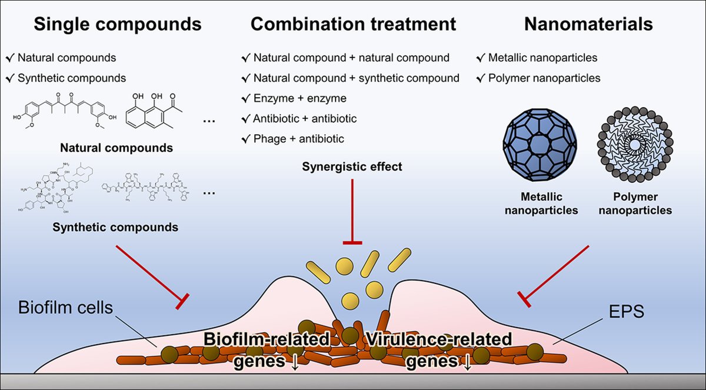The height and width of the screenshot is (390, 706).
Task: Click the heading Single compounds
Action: pyautogui.click(x=118, y=24)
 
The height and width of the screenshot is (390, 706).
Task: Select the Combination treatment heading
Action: pyautogui.click(x=353, y=24)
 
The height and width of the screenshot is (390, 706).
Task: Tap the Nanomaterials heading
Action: pyautogui.click(x=588, y=24)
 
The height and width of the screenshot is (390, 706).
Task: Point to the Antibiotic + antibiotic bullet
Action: pyautogui.click(x=305, y=119)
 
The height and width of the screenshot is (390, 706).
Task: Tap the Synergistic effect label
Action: pyautogui.click(x=353, y=166)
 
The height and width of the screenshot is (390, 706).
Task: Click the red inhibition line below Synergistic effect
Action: pyautogui.click(x=353, y=212)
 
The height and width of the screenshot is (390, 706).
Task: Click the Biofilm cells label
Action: pyautogui.click(x=65, y=308)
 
